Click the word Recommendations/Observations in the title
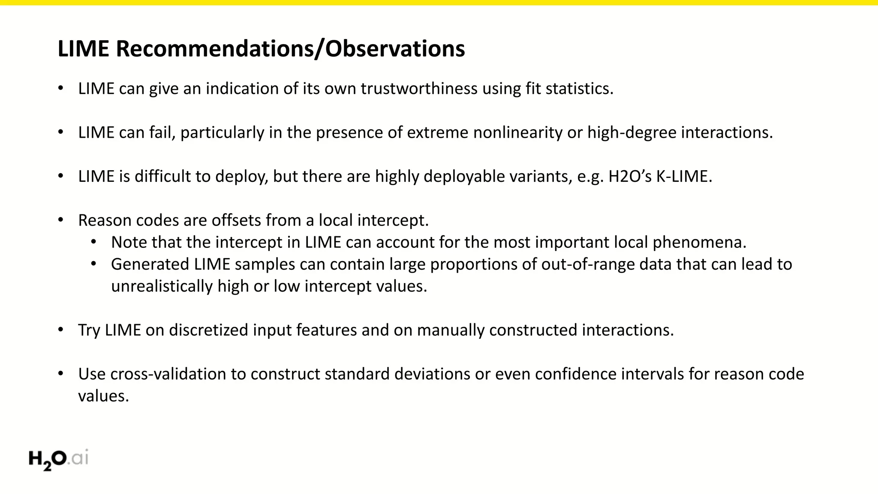pos(290,49)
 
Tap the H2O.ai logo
pos(58,459)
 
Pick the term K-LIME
pos(684,177)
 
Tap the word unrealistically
pos(162,286)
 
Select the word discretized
pos(208,330)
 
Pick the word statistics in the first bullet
pos(579,89)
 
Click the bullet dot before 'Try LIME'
pos(61,330)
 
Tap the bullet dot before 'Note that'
pos(94,242)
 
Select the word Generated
pos(150,265)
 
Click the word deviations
pos(432,374)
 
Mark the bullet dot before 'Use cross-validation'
pos(61,374)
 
